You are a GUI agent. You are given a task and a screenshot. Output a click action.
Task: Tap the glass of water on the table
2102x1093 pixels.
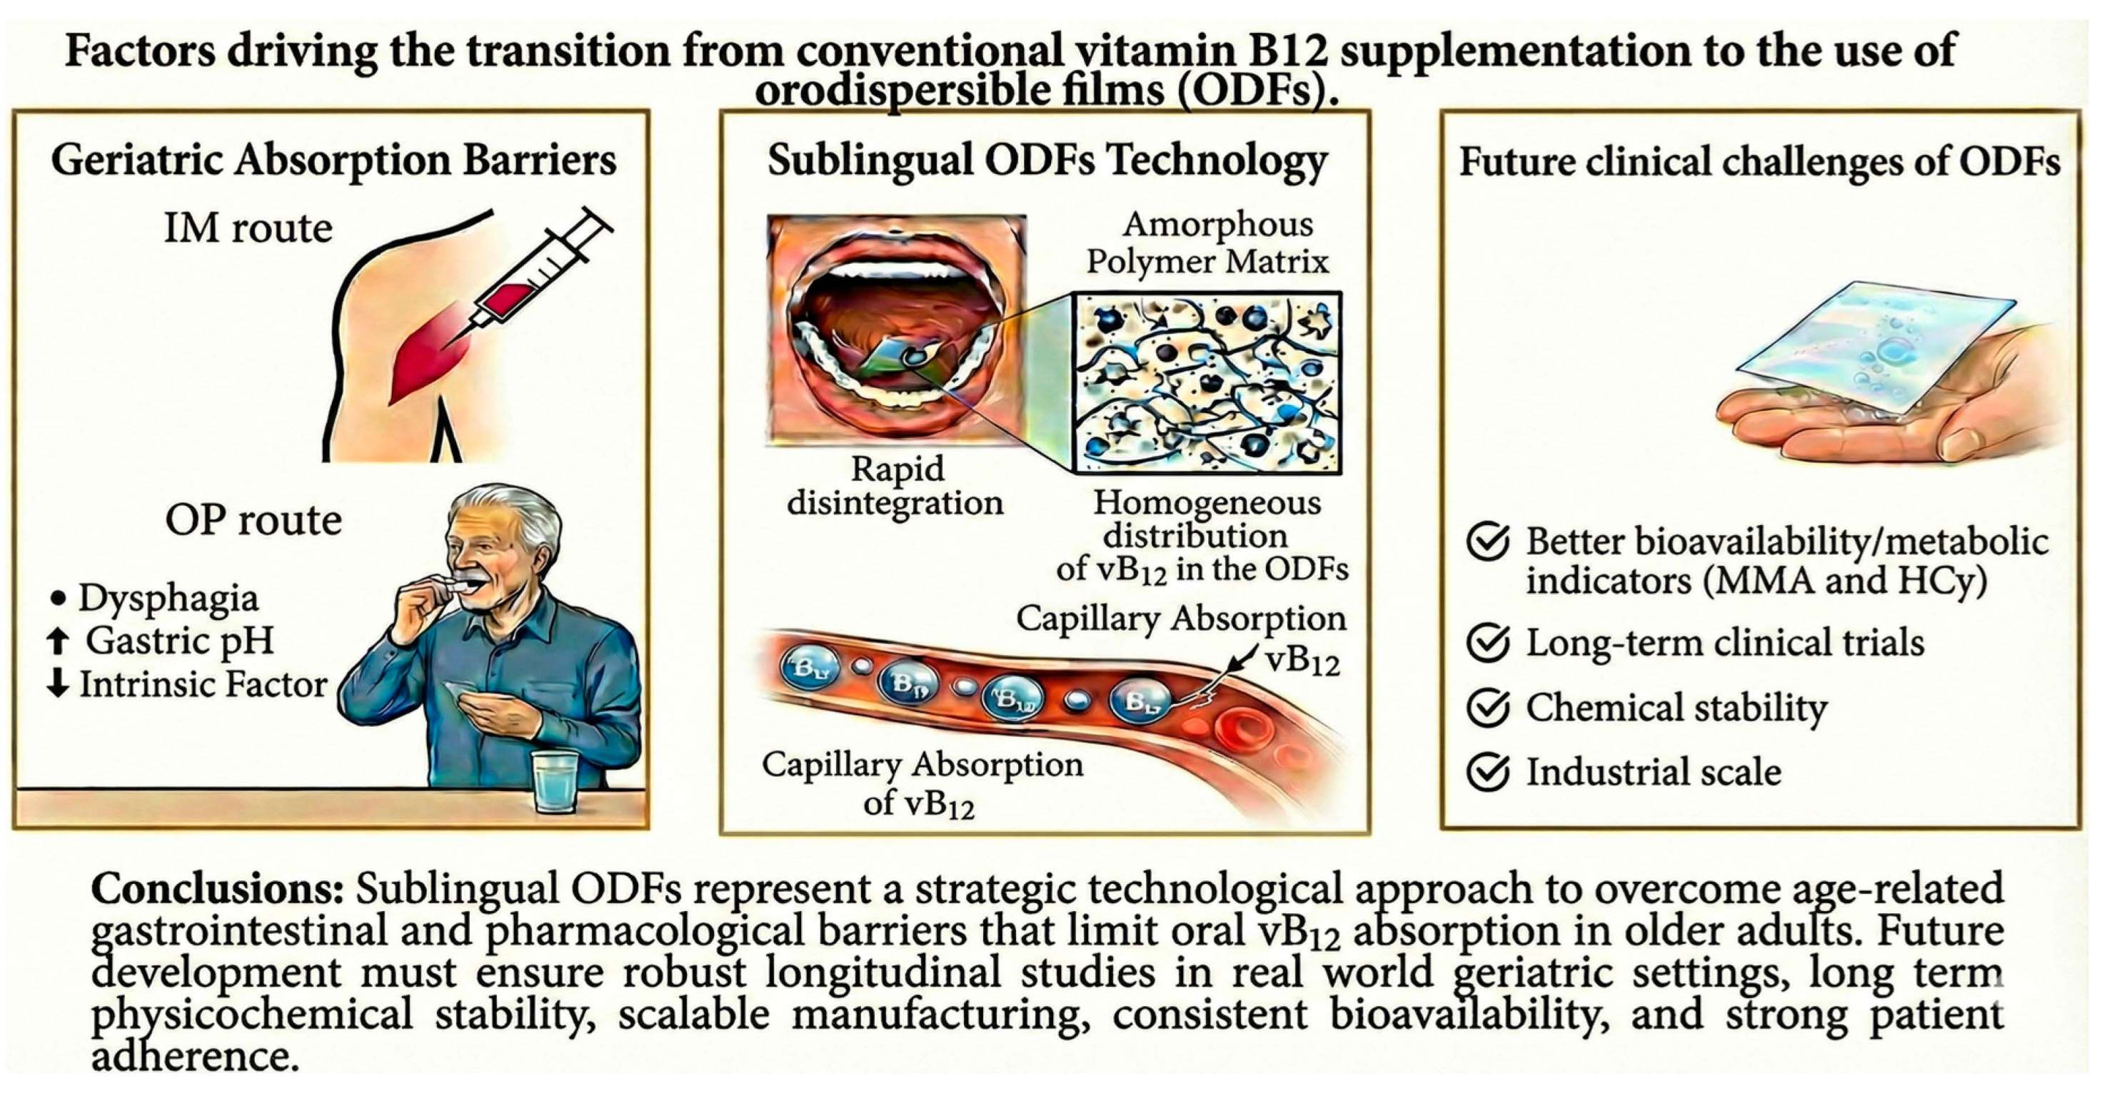pos(554,781)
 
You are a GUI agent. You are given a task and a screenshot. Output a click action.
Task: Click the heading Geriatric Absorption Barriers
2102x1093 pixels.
pos(333,161)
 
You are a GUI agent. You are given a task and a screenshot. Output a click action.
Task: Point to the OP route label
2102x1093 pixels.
pos(253,520)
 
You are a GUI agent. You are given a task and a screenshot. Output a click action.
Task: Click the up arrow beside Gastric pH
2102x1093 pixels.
pos(57,641)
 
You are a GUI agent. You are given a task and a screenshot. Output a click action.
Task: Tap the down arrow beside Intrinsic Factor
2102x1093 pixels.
pos(57,683)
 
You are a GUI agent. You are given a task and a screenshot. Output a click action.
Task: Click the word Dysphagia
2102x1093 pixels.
pos(168,598)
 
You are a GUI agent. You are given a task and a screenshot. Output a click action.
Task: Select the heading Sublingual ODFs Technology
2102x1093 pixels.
pos(1047,161)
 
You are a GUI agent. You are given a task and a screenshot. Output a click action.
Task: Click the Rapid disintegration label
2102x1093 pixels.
pos(895,485)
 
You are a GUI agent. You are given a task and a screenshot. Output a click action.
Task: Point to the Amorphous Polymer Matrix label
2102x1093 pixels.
pos(1207,243)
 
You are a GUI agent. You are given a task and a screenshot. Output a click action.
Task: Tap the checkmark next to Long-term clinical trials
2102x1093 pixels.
pos(1487,643)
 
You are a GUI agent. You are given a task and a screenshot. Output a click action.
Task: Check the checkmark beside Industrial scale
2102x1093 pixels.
pos(1487,772)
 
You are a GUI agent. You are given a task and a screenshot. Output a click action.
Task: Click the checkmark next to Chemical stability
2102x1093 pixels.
pos(1487,707)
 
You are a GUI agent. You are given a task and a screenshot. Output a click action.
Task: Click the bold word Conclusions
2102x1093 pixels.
pos(217,889)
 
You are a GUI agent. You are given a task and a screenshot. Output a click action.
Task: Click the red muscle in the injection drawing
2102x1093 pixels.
pos(433,352)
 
